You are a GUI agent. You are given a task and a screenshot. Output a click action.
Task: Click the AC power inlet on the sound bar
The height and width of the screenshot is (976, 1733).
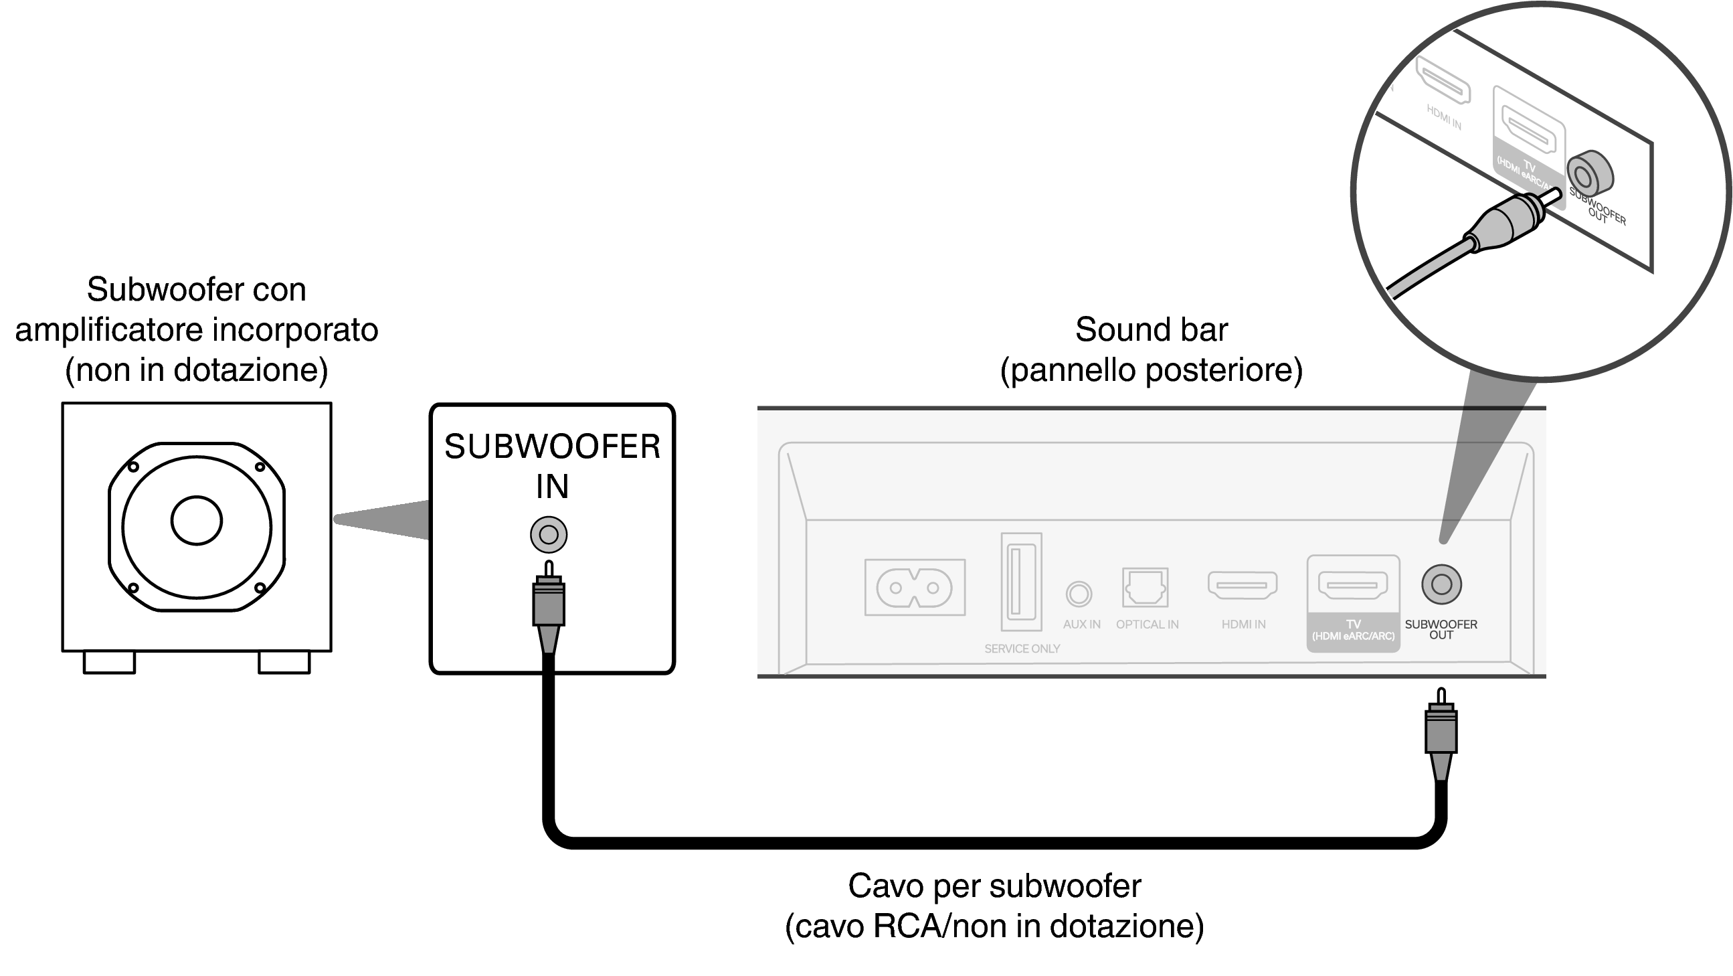tap(914, 588)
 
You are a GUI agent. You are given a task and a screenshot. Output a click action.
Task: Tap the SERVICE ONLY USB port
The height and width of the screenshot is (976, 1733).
tap(1020, 582)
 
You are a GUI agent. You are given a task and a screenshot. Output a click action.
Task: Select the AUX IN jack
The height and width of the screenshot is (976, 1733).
tap(1079, 594)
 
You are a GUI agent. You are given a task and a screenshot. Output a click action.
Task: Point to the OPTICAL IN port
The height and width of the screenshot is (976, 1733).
tap(1145, 587)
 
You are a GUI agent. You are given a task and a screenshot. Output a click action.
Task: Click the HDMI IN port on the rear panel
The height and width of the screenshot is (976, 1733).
tap(1243, 585)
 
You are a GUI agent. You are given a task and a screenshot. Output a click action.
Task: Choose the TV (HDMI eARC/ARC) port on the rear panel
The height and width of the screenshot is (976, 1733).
tap(1352, 584)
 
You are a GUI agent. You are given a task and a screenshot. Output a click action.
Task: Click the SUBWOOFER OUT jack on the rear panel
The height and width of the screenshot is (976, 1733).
tap(1441, 584)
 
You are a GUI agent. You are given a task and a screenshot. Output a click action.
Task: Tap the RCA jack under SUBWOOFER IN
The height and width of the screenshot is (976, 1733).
tap(548, 535)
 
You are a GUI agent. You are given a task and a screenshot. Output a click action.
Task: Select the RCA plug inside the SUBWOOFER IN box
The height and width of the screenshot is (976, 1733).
tap(548, 602)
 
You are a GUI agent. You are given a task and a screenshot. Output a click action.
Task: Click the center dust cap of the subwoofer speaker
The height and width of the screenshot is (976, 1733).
tap(197, 520)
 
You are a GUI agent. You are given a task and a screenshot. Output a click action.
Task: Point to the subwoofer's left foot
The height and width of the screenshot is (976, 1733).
tap(109, 662)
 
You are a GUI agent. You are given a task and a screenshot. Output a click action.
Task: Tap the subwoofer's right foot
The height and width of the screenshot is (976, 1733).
tap(284, 662)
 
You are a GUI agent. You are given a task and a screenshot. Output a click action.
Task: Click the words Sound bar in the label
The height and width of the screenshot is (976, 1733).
tap(1151, 330)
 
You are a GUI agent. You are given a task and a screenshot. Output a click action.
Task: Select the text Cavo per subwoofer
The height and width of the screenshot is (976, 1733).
tap(994, 886)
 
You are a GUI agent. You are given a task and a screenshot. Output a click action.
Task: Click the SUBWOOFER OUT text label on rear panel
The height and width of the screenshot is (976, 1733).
tap(1441, 629)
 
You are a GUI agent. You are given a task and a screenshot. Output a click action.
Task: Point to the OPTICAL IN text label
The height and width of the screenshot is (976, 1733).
tap(1147, 625)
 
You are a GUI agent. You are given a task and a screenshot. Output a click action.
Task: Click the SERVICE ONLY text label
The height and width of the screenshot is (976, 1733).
tap(1022, 649)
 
